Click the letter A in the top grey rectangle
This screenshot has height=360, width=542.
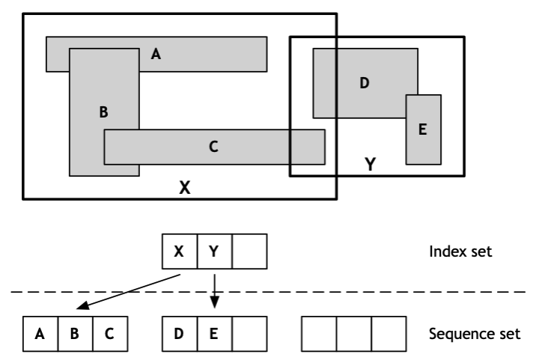pos(156,53)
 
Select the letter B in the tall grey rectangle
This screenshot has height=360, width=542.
pos(104,112)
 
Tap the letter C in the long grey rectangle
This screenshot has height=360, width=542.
pos(213,147)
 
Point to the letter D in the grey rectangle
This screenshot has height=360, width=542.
pos(365,82)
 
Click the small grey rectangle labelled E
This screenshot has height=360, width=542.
pos(423,129)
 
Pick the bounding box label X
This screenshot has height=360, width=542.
pos(184,188)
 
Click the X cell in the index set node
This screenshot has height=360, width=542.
pos(180,251)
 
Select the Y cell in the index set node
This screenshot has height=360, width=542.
pos(214,251)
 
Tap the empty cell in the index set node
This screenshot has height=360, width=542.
pos(249,251)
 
